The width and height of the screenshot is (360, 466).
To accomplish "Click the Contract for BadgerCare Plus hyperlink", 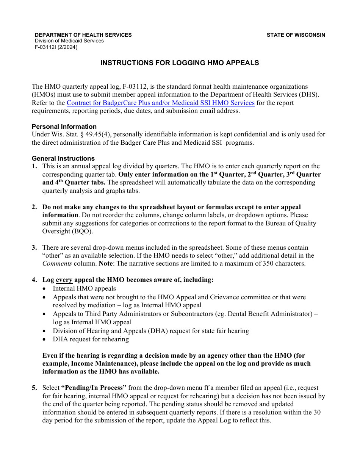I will click(160, 103).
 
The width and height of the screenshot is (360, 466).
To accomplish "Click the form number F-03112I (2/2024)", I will click(56, 47).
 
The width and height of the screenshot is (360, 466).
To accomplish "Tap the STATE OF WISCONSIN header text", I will click(296, 35).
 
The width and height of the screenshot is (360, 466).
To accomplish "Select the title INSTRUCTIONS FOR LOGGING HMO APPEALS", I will click(180, 63).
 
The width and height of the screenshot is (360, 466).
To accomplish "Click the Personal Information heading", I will click(64, 127).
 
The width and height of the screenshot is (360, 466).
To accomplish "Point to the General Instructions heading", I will click(63, 158).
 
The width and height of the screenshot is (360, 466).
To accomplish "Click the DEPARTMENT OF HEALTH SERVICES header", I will click(83, 35).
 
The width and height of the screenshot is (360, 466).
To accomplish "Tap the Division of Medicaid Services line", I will click(69, 41).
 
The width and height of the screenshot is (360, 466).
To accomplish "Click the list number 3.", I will click(34, 247).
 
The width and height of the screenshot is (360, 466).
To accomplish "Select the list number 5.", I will click(34, 388).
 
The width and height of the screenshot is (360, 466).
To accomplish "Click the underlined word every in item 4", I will click(64, 280).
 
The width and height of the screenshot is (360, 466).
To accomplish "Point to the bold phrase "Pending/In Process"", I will click(94, 388).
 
